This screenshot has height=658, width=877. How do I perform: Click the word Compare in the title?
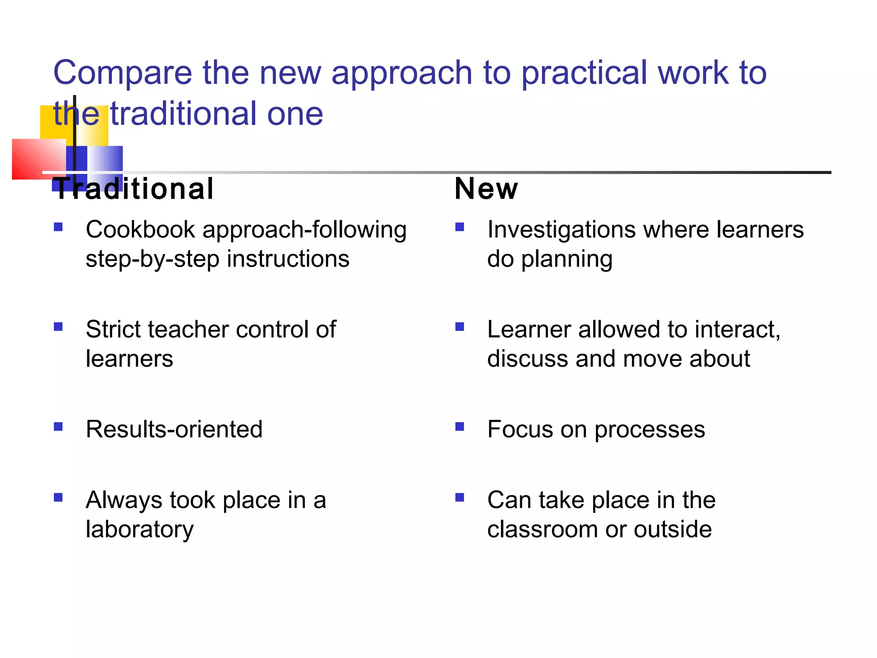coord(122,73)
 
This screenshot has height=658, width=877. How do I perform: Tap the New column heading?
coord(486,189)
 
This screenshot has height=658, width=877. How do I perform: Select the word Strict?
coord(112,329)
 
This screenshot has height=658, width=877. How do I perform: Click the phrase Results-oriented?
coord(174,429)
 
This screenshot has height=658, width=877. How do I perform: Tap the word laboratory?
coord(140,529)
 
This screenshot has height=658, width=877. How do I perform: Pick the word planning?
coord(566,260)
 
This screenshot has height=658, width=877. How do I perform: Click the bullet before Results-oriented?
coord(58,427)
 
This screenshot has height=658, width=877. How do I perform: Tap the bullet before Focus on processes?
coord(459,427)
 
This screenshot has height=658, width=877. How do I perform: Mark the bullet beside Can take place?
coord(459,497)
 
